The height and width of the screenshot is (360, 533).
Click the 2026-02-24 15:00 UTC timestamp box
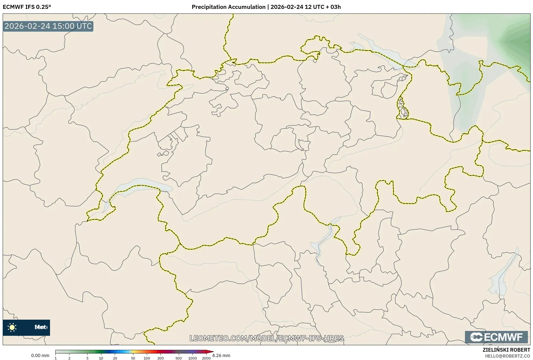[48, 26]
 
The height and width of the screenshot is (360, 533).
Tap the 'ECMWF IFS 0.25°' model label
[27, 7]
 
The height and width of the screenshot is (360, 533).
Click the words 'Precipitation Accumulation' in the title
[228, 7]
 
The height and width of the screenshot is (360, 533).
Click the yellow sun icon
[12, 327]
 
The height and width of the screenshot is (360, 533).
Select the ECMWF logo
[496, 337]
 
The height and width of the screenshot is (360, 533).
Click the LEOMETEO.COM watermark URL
[266, 338]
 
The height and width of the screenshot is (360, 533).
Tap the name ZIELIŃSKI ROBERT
[506, 350]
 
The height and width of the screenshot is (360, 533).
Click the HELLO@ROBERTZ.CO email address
[507, 356]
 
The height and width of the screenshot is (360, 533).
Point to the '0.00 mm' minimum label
[40, 356]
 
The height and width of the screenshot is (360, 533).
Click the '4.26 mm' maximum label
[221, 356]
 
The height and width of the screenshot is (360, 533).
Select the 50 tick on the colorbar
[133, 358]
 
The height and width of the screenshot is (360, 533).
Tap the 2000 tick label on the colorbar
[206, 358]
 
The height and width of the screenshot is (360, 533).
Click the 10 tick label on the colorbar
[101, 358]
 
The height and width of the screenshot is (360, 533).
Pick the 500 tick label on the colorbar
[179, 358]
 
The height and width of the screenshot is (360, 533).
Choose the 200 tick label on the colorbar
[161, 358]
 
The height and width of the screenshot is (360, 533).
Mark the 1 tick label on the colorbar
[56, 358]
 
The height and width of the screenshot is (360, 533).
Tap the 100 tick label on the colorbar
[147, 358]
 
